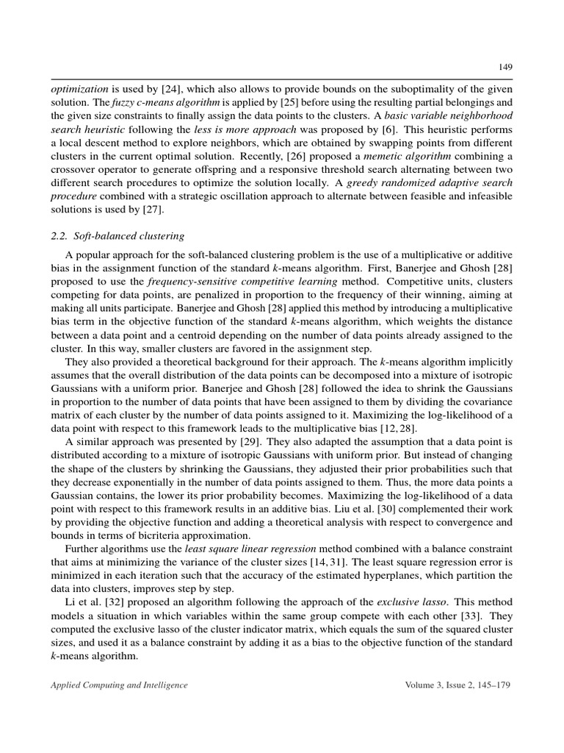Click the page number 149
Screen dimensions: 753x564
pyautogui.click(x=505, y=67)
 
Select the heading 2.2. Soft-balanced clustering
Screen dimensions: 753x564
pyautogui.click(x=118, y=235)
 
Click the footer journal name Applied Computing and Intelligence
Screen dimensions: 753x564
pyautogui.click(x=119, y=685)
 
